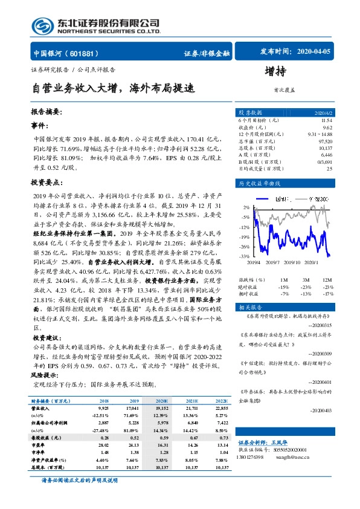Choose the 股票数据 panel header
coord(249,112)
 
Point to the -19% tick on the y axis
coord(244,236)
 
